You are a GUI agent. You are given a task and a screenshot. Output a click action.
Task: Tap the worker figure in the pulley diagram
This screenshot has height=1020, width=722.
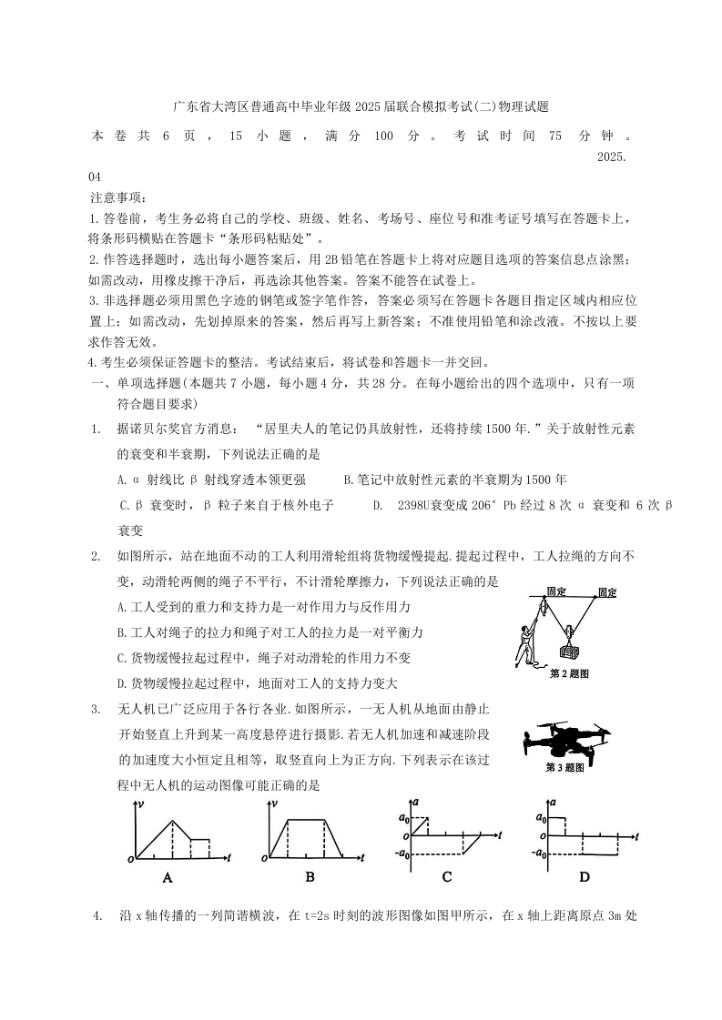click(x=526, y=641)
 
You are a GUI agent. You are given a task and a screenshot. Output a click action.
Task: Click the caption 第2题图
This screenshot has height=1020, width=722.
click(x=570, y=674)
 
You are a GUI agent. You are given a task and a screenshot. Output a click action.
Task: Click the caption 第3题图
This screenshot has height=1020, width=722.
click(x=564, y=768)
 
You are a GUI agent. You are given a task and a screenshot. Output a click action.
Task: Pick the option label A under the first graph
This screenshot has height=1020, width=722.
click(x=168, y=878)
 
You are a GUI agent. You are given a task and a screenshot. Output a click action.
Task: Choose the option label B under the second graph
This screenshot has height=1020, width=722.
click(x=310, y=877)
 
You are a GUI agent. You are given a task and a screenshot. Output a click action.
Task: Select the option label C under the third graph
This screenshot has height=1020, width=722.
click(x=447, y=877)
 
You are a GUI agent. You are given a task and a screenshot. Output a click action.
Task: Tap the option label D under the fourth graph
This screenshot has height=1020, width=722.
click(x=584, y=877)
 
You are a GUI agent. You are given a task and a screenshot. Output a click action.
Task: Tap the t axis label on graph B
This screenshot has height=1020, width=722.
click(x=362, y=858)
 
